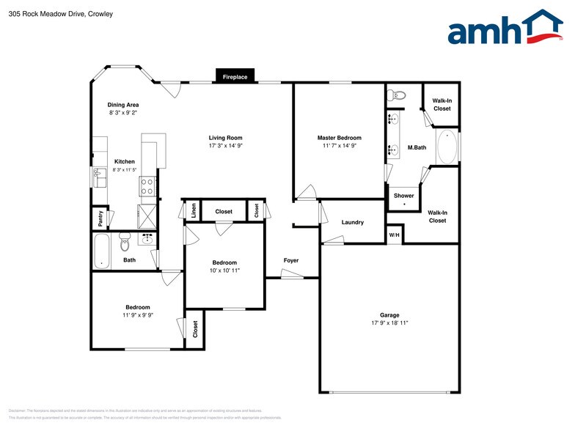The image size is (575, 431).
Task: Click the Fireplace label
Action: [x=235, y=76]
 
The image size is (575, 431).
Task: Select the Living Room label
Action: [x=225, y=138]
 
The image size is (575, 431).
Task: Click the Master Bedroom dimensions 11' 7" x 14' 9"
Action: [x=339, y=146]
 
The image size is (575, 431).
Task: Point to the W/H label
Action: [x=394, y=235]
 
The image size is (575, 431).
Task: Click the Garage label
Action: [x=389, y=314]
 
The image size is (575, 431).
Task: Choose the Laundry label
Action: [x=353, y=222]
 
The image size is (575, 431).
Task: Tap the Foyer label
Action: [x=291, y=260]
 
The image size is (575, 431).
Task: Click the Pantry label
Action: [x=100, y=218]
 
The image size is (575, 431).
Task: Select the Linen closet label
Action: [x=194, y=211]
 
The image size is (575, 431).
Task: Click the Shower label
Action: [x=403, y=196]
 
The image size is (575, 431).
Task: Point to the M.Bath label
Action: [x=417, y=148]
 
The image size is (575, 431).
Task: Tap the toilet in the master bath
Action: [x=398, y=95]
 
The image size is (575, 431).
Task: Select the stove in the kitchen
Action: [x=147, y=186]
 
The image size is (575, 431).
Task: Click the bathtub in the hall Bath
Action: [x=102, y=251]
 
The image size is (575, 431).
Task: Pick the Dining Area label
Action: [x=123, y=105]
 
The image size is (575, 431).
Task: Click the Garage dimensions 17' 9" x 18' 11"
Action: [x=389, y=323]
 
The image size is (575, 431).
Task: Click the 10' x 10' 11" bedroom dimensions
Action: [x=224, y=270]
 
